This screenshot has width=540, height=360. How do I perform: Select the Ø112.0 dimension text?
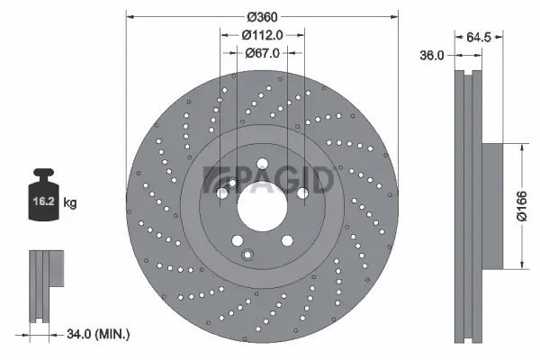point(263,34)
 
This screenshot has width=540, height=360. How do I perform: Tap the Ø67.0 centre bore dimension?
point(263,53)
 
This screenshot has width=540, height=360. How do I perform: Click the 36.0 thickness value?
point(434,55)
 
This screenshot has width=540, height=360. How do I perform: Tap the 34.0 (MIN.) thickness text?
point(100,334)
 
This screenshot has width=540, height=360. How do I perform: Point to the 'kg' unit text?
point(70,203)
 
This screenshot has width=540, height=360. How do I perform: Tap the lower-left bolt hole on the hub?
point(238,240)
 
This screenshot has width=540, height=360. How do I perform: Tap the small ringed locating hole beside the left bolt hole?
point(232,185)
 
